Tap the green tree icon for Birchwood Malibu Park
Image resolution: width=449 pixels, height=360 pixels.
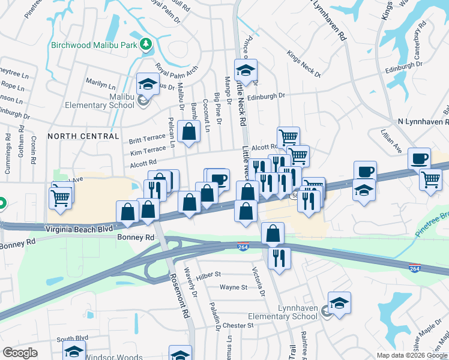pos(144,44)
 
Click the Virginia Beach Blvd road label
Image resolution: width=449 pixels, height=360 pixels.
pos(79,229)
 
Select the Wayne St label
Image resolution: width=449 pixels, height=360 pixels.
pos(234,287)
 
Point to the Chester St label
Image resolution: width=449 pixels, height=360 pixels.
pos(238,325)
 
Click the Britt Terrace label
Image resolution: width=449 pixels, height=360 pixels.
pos(147,140)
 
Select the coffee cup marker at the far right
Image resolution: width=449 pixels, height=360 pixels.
pos(420,159)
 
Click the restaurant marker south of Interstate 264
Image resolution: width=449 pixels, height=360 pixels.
pos(279,258)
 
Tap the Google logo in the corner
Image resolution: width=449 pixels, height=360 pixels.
pos(20,352)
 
